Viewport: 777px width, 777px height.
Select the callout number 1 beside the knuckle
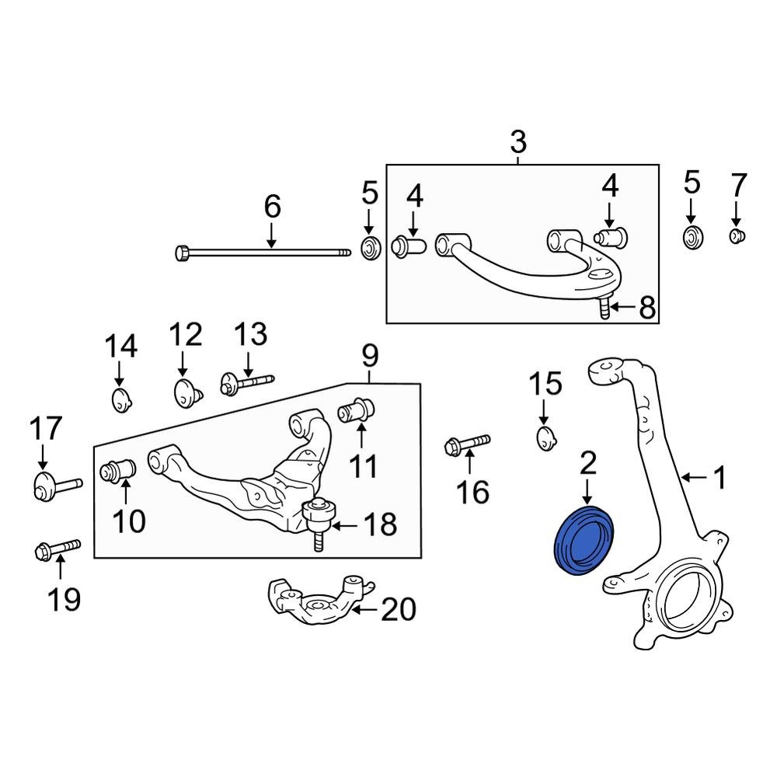click(x=720, y=478)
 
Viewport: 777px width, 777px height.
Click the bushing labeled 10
click(x=119, y=471)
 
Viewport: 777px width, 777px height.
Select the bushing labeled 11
click(x=357, y=409)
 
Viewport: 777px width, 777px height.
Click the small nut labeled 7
click(x=737, y=235)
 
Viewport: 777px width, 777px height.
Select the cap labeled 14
click(x=120, y=401)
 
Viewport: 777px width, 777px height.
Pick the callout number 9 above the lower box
click(x=369, y=356)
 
